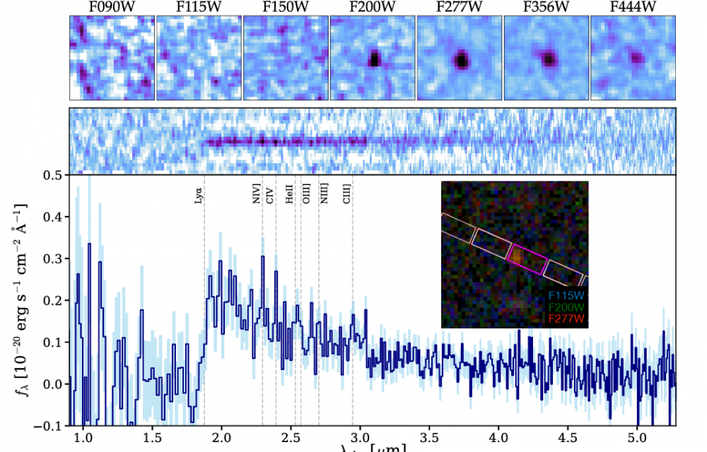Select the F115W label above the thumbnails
pyautogui.click(x=198, y=8)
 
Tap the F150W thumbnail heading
pyautogui.click(x=285, y=8)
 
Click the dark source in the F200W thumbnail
pyautogui.click(x=375, y=59)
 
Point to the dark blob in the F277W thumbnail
pyautogui.click(x=462, y=61)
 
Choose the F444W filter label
pyautogui.click(x=632, y=8)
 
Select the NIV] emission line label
pyautogui.click(x=257, y=194)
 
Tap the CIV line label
pyautogui.click(x=269, y=196)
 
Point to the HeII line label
pyautogui.click(x=289, y=195)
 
